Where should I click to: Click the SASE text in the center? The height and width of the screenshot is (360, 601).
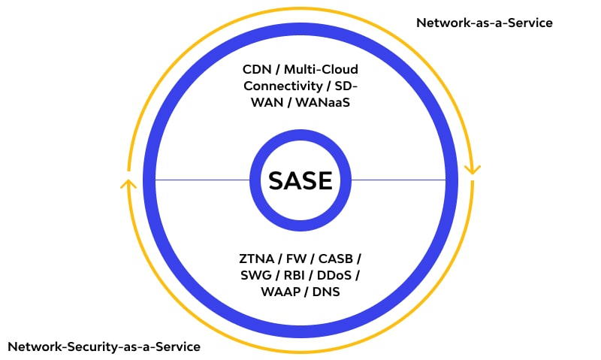(300, 180)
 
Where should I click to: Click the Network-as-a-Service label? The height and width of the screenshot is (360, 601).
(485, 23)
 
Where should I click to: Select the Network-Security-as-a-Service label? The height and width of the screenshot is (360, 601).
(104, 346)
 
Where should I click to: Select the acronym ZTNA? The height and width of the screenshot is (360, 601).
(256, 259)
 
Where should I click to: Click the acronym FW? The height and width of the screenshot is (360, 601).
(297, 259)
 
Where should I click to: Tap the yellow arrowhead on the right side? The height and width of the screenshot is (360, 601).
(472, 169)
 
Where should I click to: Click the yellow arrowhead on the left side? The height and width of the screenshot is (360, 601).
(128, 183)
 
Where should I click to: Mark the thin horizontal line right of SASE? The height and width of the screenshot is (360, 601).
(398, 180)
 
